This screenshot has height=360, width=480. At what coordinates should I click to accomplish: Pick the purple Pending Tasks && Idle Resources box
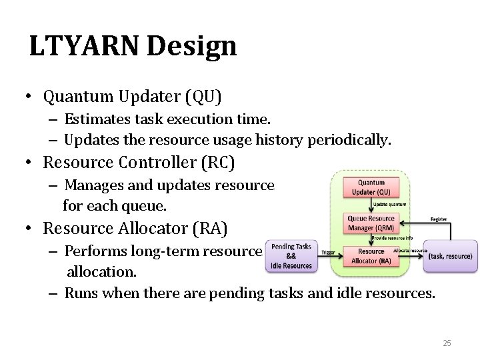292,256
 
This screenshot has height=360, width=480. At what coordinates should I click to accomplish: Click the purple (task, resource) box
450,257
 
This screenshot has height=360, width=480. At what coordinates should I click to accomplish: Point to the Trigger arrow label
329,252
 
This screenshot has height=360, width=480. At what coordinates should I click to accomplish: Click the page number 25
447,343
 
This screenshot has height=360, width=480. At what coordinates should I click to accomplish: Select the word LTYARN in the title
75,46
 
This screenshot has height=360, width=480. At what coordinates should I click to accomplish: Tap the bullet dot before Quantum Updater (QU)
31,97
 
